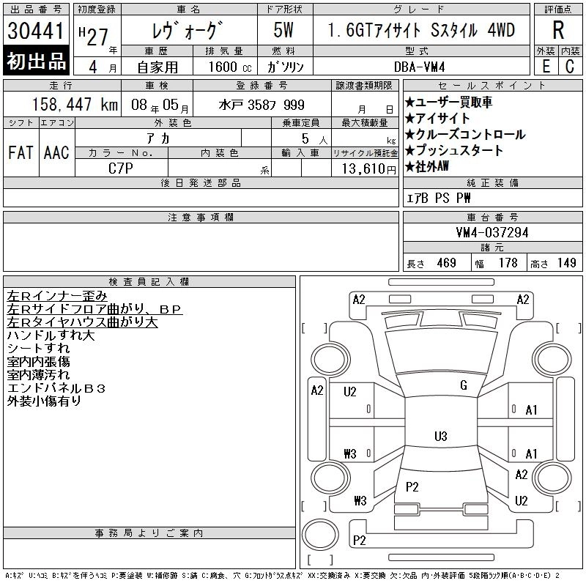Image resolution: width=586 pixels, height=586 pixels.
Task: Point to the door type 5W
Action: click(284, 31)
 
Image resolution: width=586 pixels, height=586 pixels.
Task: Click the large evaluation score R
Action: click(557, 31)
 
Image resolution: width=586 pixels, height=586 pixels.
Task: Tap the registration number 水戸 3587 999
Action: click(262, 105)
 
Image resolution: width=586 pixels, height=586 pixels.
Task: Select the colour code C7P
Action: click(121, 168)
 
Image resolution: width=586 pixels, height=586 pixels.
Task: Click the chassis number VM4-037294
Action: click(492, 232)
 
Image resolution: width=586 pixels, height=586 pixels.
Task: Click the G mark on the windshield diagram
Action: click(463, 385)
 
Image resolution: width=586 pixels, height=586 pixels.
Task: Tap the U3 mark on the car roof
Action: click(440, 437)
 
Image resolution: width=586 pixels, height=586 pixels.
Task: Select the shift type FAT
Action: click(20, 152)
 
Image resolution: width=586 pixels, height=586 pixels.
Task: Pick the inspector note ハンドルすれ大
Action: click(51, 335)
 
